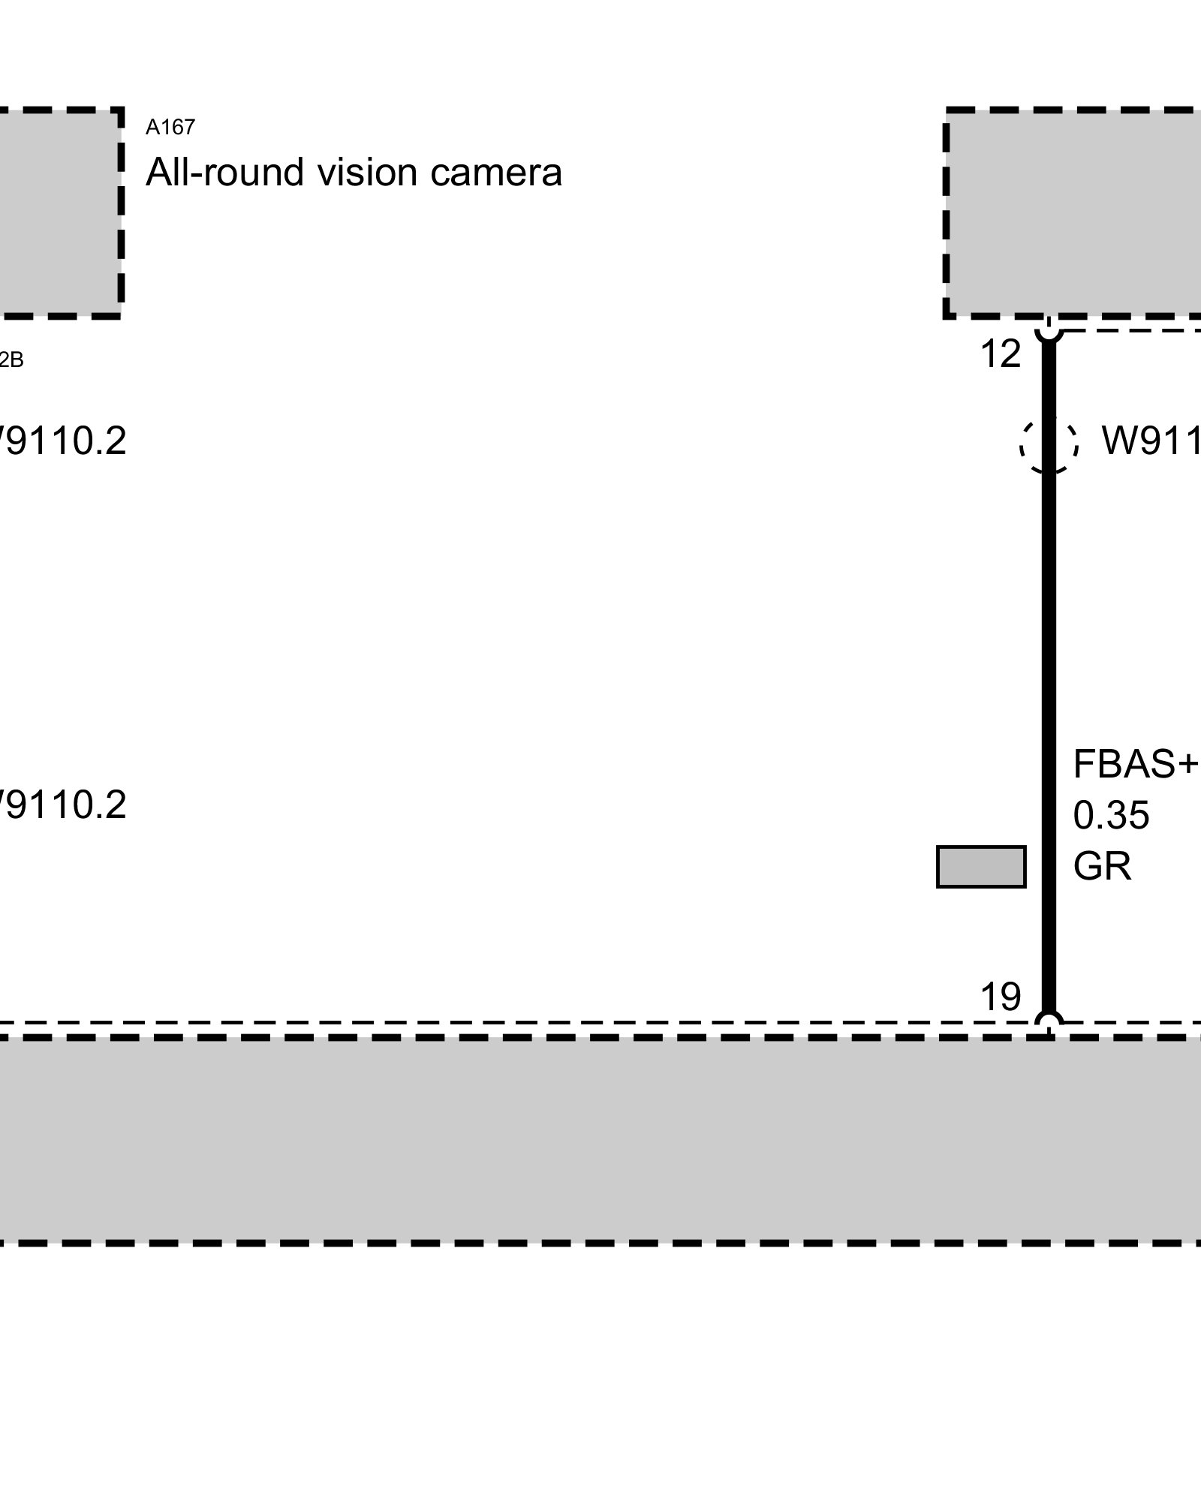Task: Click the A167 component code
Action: tap(170, 128)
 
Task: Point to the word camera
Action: tap(496, 172)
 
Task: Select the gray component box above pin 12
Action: tap(1073, 212)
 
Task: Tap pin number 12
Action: tap(1001, 354)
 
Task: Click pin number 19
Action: tap(1001, 997)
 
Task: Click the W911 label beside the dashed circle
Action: tap(1150, 442)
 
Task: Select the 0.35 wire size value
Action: tap(1111, 816)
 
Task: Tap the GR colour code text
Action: tap(1102, 867)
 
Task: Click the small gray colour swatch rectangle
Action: tap(981, 867)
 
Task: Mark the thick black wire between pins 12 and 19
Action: tap(1049, 638)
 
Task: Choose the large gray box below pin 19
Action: tap(600, 1140)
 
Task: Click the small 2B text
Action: tap(11, 360)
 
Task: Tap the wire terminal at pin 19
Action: tap(1049, 1023)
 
